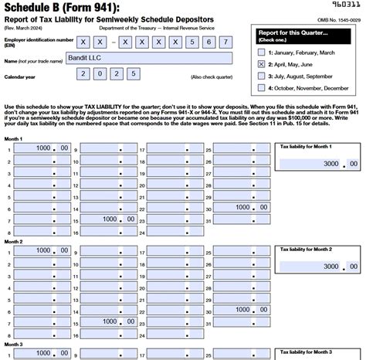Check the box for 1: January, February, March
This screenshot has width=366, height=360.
(261, 52)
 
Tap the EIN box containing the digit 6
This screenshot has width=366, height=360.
(205, 41)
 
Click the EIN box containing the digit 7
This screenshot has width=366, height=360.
(224, 41)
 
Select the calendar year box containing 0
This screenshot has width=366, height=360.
(100, 74)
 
